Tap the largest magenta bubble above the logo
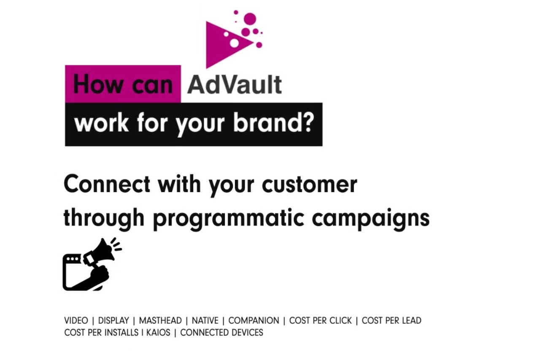pos(250,19)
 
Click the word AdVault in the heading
pos(234,85)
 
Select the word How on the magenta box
pos(97,84)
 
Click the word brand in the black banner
pos(267,122)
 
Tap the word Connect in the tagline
pos(107,184)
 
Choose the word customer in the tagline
pos(309,184)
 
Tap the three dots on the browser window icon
pos(72,259)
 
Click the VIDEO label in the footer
pos(76,320)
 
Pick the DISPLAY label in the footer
pos(113,320)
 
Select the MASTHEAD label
pos(160,320)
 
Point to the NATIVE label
pos(205,320)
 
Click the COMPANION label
pos(254,320)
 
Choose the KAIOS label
pos(158,333)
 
